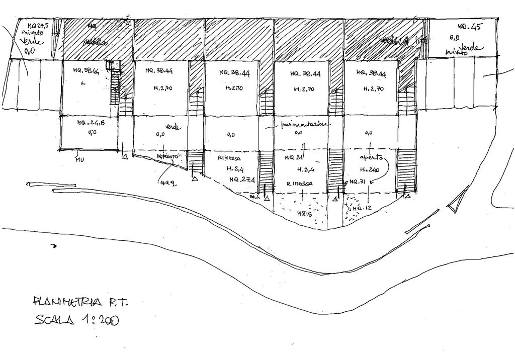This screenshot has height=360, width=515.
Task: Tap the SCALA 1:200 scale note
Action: pos(77,320)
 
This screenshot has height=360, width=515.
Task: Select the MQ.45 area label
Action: pos(469,27)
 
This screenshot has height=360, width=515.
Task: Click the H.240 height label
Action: pos(369,168)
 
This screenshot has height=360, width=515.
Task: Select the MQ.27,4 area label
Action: pos(241,179)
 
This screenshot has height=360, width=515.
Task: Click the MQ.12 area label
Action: pos(362,208)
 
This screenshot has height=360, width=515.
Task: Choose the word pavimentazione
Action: pos(304,124)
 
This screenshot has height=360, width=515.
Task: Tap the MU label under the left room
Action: pos(79,160)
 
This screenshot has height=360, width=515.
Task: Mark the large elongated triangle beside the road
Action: pos(456,202)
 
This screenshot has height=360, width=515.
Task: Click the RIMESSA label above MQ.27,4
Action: pos(229,158)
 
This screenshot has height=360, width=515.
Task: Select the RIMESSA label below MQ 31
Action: pos(299,184)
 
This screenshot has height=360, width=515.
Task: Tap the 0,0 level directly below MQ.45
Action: pos(455,37)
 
